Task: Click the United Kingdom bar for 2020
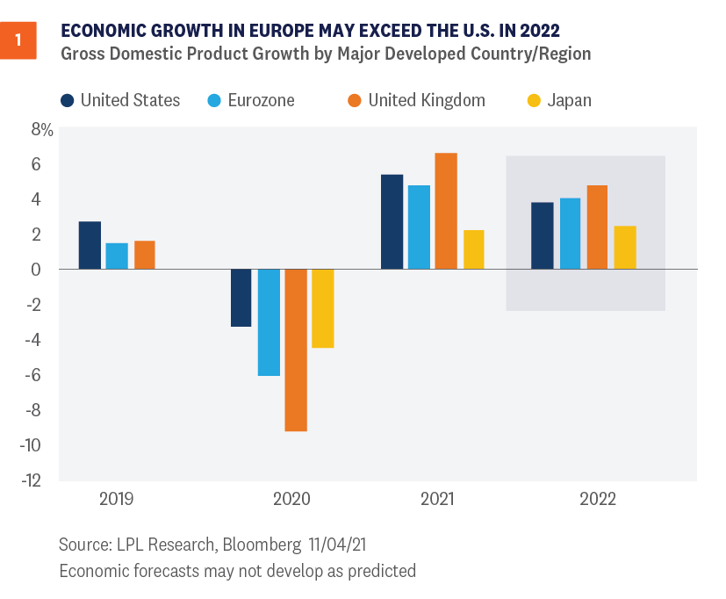click(296, 350)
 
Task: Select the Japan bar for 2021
click(473, 249)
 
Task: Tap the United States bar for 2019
click(90, 245)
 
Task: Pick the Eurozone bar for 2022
click(570, 234)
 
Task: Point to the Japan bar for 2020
click(323, 308)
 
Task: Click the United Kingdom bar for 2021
click(446, 211)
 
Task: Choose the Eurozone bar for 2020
click(269, 322)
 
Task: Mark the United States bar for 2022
click(543, 235)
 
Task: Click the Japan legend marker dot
click(534, 100)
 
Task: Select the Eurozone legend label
click(261, 100)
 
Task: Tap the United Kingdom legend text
click(427, 100)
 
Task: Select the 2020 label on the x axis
click(291, 500)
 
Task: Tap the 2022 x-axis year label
click(598, 500)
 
